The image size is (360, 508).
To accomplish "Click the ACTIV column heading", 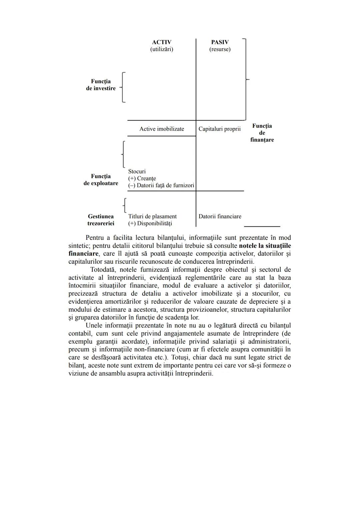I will pyautogui.click(x=162, y=42).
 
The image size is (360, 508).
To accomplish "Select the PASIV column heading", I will pyautogui.click(x=220, y=42).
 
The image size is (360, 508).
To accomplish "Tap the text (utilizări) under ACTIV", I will pyautogui.click(x=162, y=49).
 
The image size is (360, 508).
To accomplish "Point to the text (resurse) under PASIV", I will pyautogui.click(x=220, y=49).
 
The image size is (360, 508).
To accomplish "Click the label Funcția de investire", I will pyautogui.click(x=101, y=85).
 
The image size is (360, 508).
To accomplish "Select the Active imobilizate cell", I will pyautogui.click(x=162, y=129).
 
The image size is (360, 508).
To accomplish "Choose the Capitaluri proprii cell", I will pyautogui.click(x=219, y=129).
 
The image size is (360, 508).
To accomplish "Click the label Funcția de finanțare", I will pyautogui.click(x=262, y=133).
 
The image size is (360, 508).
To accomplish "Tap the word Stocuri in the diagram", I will pyautogui.click(x=137, y=172).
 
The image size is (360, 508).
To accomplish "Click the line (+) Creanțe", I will pyautogui.click(x=142, y=179).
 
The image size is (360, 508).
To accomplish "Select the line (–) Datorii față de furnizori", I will pyautogui.click(x=161, y=186).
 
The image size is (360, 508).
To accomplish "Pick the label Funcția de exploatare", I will pyautogui.click(x=101, y=180).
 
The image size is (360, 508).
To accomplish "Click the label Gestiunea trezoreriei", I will pyautogui.click(x=101, y=220).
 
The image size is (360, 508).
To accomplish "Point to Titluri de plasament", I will pyautogui.click(x=152, y=217).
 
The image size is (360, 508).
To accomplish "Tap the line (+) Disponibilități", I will pyautogui.click(x=150, y=224).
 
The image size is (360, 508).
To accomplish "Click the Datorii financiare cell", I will pyautogui.click(x=220, y=217).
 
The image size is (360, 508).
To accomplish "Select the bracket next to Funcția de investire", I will pyautogui.click(x=123, y=87).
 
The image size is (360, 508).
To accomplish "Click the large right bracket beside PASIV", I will pyautogui.click(x=245, y=79).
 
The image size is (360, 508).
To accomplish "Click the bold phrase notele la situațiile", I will pyautogui.click(x=265, y=246).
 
